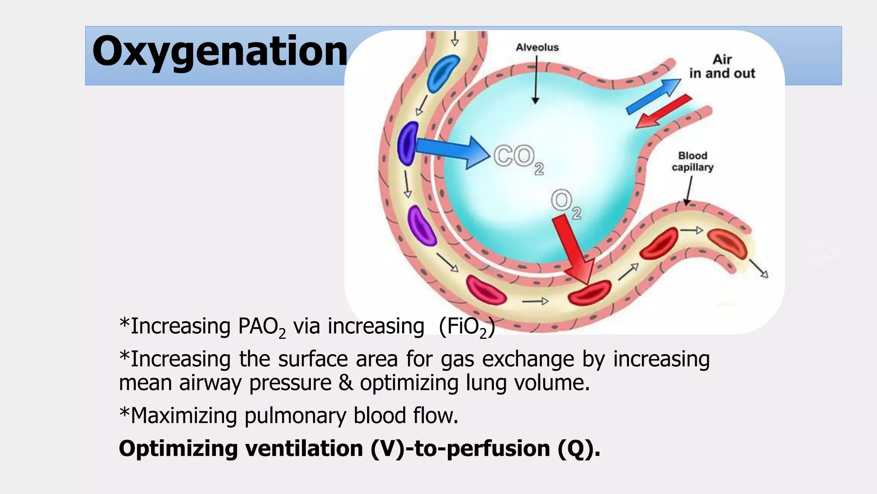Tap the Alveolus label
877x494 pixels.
tap(537, 47)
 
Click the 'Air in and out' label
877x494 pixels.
tap(722, 66)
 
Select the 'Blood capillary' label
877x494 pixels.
tap(692, 161)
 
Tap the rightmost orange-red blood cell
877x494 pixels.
tap(727, 243)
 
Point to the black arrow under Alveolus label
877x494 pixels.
tap(535, 81)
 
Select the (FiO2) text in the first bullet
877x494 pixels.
tap(467, 327)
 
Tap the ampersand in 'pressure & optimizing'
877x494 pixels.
tap(346, 383)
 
